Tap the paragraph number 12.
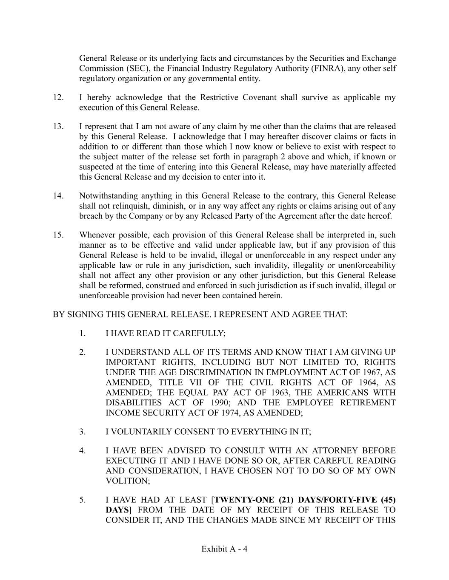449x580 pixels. (x=58, y=97)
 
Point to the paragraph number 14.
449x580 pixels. (x=58, y=196)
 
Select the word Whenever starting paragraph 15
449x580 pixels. (x=97, y=235)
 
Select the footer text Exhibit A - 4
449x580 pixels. (x=224, y=549)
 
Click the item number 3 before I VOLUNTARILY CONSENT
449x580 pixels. (x=82, y=432)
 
